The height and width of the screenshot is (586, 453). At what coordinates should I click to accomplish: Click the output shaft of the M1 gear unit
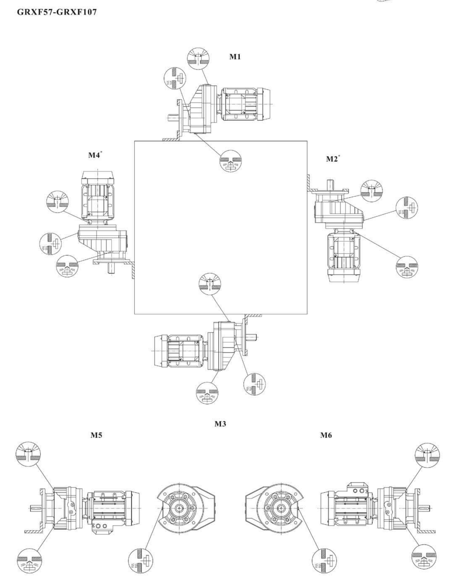click(172, 118)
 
